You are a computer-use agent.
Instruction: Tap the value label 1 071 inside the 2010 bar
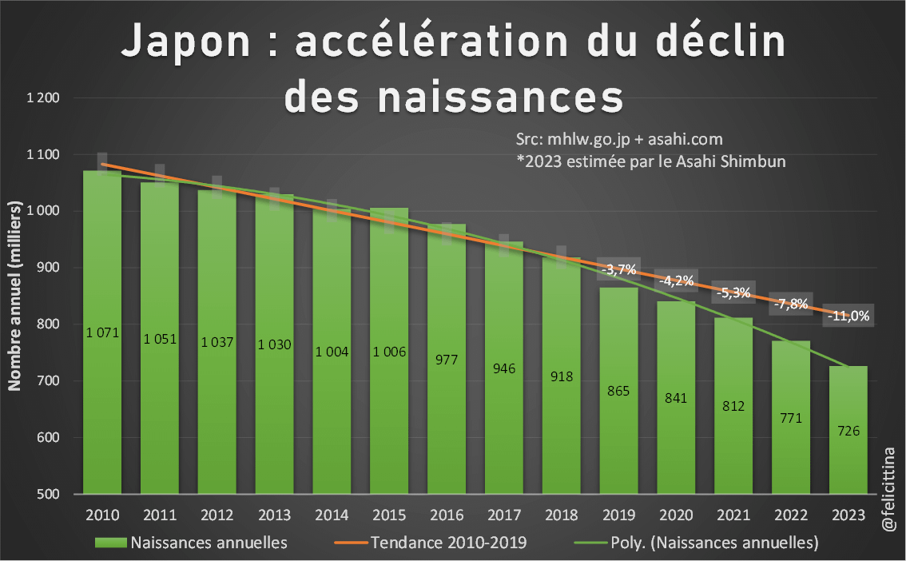pyautogui.click(x=102, y=332)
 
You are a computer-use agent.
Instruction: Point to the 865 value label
pyautogui.click(x=618, y=391)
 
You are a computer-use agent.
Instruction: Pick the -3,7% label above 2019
pyautogui.click(x=619, y=269)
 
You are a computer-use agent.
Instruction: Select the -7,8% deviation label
pyautogui.click(x=791, y=304)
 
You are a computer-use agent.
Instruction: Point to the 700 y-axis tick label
pyautogui.click(x=49, y=381)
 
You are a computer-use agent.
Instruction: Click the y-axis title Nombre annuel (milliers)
pyautogui.click(x=14, y=296)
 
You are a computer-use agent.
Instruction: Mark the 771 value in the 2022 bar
pyautogui.click(x=791, y=417)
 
